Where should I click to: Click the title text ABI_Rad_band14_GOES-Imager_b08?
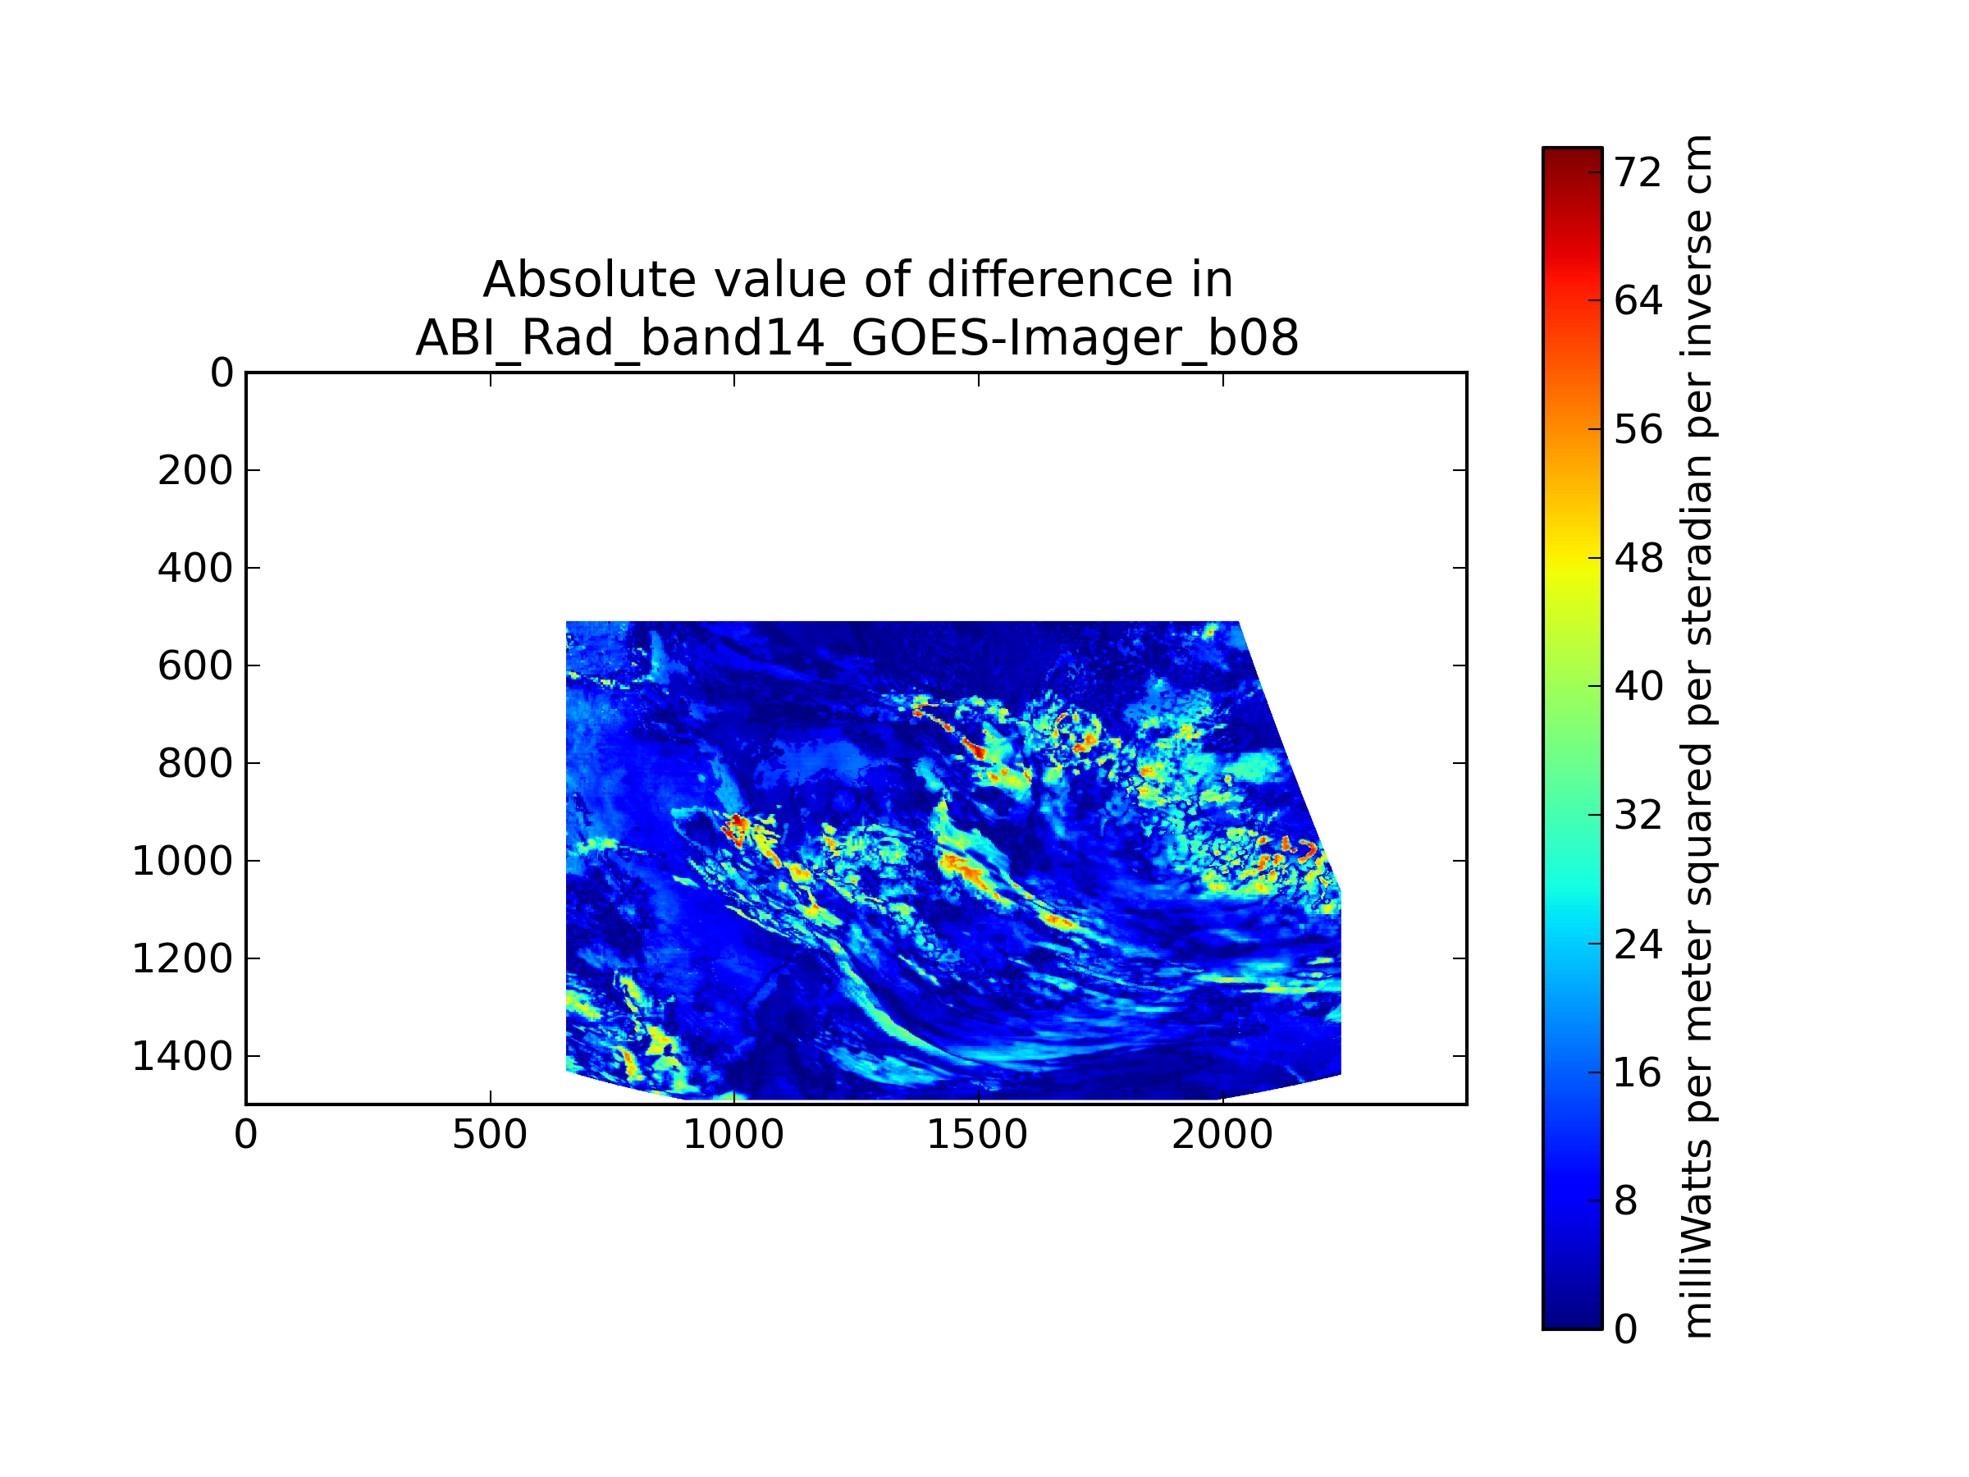857,338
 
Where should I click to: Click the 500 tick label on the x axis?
490,1135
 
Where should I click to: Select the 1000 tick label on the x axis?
733,1135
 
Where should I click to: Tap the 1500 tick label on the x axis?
977,1135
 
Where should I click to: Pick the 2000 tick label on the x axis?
1222,1135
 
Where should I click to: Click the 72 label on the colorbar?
1638,172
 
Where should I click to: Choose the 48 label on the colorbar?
1638,559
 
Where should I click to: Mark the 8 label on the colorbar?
1626,1201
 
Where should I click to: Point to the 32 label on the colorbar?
1638,816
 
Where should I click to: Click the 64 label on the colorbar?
1638,301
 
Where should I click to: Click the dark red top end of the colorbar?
1572,156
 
